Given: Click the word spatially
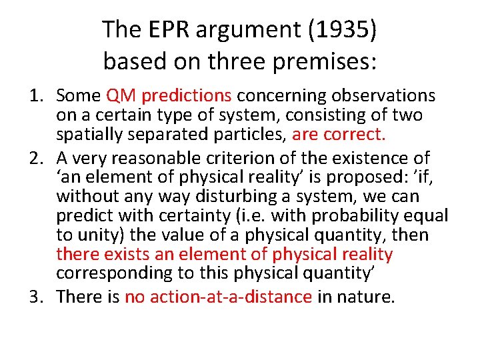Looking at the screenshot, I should [x=92, y=135].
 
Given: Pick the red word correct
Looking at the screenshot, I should [x=363, y=135].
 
